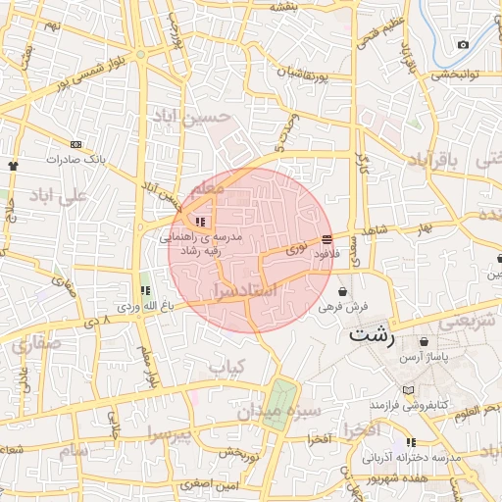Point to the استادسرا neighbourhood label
[243, 291]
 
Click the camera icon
[463, 44]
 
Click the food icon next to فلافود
[326, 238]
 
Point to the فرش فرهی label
[339, 307]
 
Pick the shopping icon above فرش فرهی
[341, 291]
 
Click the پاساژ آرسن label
[423, 358]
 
